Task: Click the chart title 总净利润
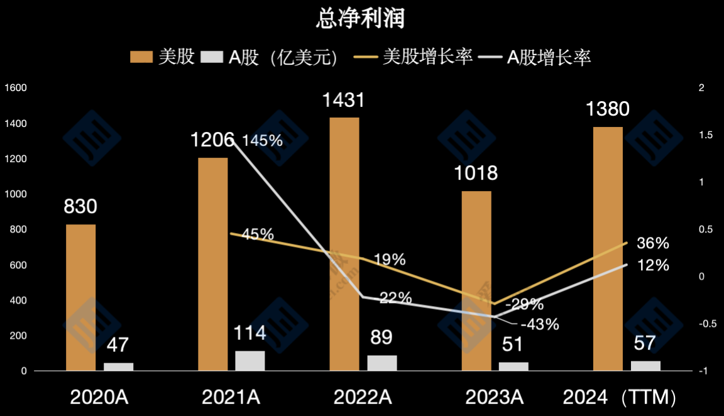361,18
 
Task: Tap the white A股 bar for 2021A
250,361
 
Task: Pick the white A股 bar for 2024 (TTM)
646,366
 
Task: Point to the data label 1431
343,101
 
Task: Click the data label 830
80,206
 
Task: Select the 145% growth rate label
263,141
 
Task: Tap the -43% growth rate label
539,324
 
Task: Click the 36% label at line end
653,243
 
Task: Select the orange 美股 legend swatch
141,58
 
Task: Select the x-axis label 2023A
494,397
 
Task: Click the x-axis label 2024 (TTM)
620,397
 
